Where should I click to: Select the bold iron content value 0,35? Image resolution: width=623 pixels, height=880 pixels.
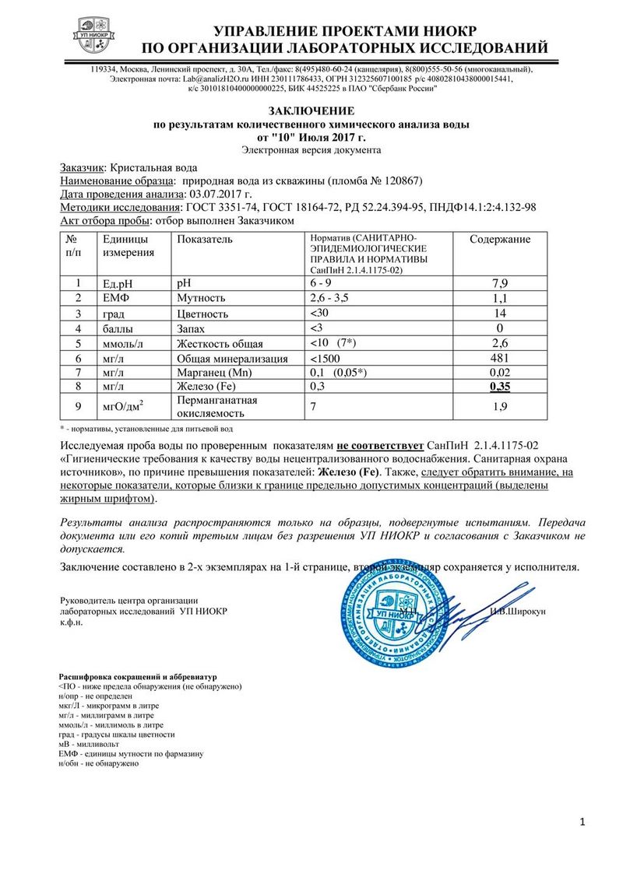[500, 387]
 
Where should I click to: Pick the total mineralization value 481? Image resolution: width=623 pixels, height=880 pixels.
[500, 359]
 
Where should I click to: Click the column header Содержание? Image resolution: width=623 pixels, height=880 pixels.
[500, 240]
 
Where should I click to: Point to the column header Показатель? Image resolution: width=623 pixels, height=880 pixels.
[205, 240]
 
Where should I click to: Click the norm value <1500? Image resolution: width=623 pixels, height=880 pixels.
[326, 359]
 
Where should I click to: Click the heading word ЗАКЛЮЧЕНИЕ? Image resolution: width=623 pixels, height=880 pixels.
[311, 111]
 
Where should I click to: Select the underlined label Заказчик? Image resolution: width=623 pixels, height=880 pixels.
[82, 167]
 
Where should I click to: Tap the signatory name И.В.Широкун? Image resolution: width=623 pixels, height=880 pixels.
[518, 612]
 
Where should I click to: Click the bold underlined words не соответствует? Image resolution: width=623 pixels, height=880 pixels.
[380, 445]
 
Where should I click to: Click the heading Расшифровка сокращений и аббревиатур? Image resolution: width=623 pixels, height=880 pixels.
[138, 677]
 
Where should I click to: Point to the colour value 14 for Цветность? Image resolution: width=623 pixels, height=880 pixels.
[500, 314]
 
